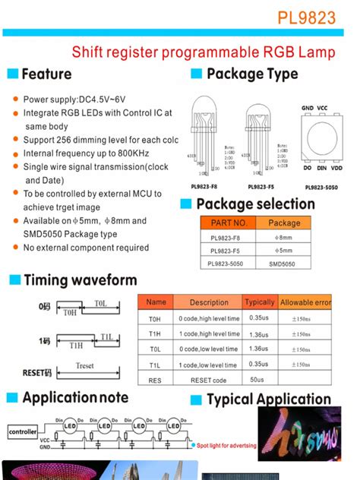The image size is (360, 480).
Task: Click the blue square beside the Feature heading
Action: click(x=12, y=74)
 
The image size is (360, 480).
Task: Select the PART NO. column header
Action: click(x=229, y=223)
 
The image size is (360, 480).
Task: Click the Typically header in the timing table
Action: click(x=260, y=302)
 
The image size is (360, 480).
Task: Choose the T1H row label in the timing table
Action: click(x=155, y=333)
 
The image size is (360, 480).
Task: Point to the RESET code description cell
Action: click(x=208, y=380)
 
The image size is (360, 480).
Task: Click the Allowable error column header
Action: click(x=305, y=302)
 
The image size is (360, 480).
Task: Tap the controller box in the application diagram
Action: click(x=22, y=431)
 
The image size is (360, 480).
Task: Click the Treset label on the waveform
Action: click(x=84, y=366)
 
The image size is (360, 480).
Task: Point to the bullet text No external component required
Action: click(x=86, y=248)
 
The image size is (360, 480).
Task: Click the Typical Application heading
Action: click(x=269, y=399)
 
